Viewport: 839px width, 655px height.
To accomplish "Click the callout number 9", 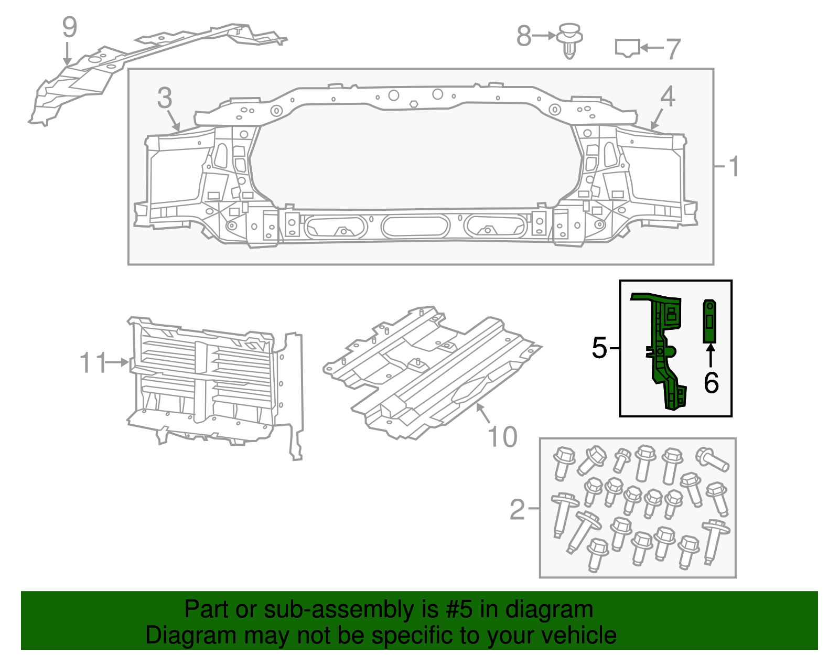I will pyautogui.click(x=69, y=27).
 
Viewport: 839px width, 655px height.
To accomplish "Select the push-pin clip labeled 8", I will pyautogui.click(x=570, y=40).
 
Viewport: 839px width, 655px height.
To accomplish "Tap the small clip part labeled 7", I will pyautogui.click(x=627, y=48).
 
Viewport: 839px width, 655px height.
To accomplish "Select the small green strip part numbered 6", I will pyautogui.click(x=709, y=321).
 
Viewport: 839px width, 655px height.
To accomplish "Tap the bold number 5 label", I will pyautogui.click(x=599, y=348).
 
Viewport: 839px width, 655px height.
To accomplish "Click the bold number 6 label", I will pyautogui.click(x=711, y=383).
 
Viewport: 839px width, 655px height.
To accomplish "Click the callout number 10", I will pyautogui.click(x=502, y=437).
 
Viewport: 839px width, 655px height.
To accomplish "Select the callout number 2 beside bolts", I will pyautogui.click(x=517, y=509).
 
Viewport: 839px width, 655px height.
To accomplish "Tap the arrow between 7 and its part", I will pyautogui.click(x=652, y=48).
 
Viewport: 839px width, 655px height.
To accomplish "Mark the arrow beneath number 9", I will pyautogui.click(x=67, y=54).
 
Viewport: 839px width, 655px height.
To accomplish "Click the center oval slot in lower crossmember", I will pyautogui.click(x=415, y=227).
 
